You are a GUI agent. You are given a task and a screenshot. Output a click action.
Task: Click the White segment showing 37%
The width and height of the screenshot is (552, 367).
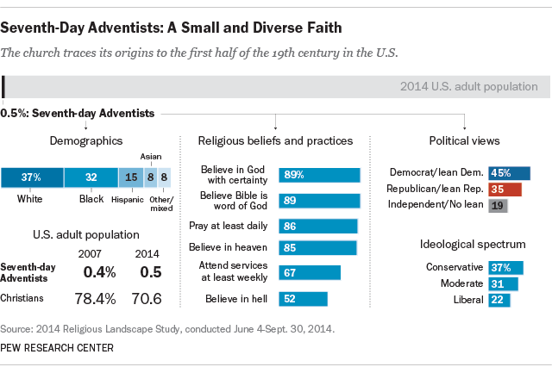[x=32, y=177]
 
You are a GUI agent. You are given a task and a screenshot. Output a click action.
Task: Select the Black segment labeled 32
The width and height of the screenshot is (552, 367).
[x=91, y=177]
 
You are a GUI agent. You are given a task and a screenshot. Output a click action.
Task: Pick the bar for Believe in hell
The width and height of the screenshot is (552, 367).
[x=303, y=299]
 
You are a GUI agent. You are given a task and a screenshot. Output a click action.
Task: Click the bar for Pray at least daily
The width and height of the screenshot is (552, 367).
[x=317, y=226]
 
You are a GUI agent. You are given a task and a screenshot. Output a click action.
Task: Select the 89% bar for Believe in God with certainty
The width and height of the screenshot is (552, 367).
[x=319, y=175]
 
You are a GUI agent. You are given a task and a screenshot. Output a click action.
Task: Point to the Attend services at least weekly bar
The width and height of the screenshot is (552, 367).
[x=310, y=272]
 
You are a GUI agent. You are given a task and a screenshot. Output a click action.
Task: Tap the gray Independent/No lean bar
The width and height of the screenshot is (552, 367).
[x=498, y=206]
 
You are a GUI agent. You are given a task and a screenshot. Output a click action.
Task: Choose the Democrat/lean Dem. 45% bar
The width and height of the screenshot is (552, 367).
[x=509, y=173]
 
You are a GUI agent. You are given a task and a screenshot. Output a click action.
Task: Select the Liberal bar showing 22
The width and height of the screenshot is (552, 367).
[x=499, y=299]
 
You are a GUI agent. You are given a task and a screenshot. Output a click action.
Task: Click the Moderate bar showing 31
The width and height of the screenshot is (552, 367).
[x=503, y=283]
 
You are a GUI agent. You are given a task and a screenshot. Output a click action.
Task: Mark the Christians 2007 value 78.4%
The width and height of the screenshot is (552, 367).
[x=96, y=297]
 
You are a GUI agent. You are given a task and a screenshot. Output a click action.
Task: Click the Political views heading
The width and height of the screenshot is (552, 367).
[x=464, y=140]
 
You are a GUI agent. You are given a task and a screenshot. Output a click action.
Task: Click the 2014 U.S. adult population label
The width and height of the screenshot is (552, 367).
[x=469, y=86]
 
